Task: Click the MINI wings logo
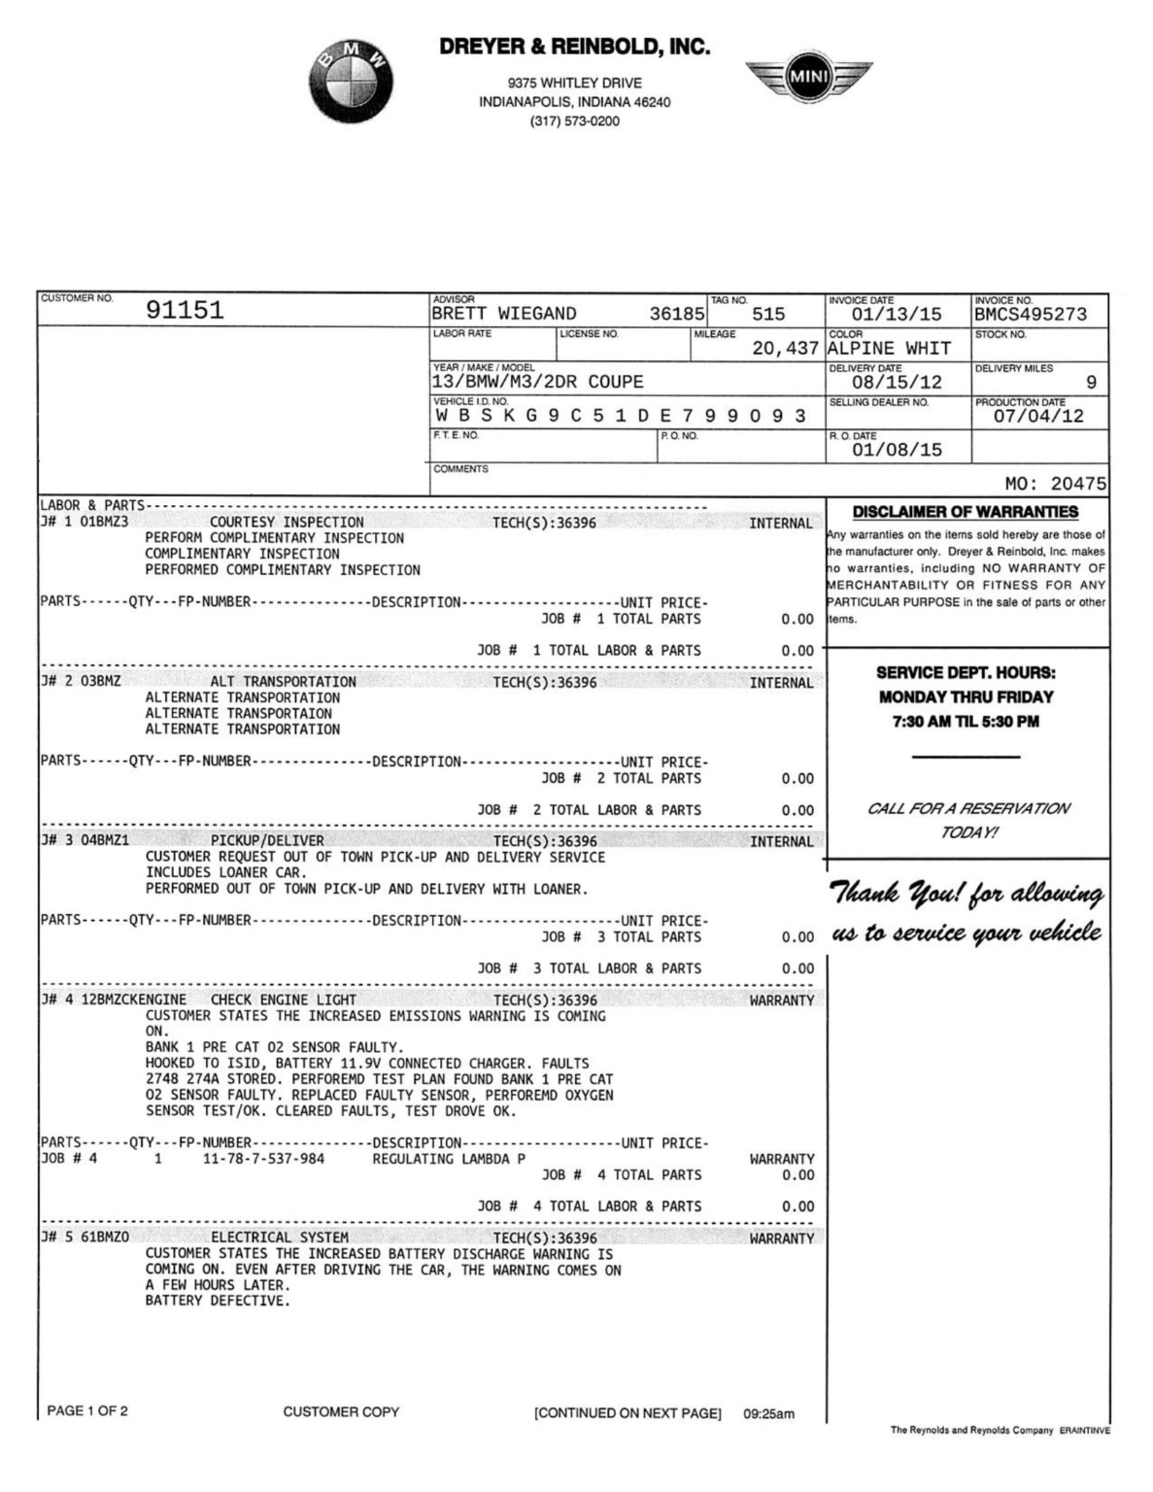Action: (808, 77)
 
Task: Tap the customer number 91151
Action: (185, 311)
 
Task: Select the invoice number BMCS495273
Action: (1031, 315)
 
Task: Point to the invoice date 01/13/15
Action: (896, 315)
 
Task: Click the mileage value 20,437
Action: (785, 349)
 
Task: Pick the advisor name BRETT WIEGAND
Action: (503, 315)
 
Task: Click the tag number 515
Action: (767, 315)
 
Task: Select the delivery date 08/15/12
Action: (896, 383)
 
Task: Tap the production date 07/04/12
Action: (1037, 417)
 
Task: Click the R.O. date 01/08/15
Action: (896, 451)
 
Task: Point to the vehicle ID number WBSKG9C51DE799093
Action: (620, 417)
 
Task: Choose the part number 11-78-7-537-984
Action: (263, 1159)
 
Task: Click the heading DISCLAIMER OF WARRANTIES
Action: (965, 512)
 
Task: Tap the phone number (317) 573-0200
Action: (574, 121)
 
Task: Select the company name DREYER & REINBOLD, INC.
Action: (574, 47)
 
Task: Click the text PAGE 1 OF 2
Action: (87, 1410)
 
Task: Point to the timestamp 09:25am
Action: (768, 1414)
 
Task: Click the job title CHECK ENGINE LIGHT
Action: (284, 1000)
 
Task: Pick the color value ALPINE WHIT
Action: (889, 349)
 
